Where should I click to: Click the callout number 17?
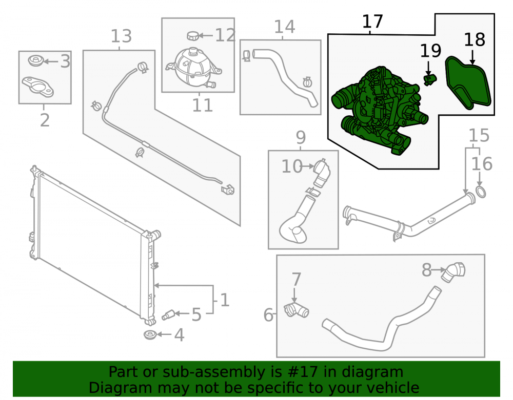[372, 22]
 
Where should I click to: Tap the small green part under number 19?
[430, 80]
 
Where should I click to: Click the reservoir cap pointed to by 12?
[193, 35]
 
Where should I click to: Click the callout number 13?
[121, 36]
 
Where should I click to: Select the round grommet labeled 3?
[36, 60]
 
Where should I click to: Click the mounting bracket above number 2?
[38, 86]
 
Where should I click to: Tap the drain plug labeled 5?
[168, 315]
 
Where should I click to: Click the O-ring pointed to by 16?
[480, 193]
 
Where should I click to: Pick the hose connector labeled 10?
[322, 173]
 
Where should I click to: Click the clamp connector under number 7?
[296, 309]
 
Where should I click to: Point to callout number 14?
[284, 27]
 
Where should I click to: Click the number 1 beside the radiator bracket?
[224, 300]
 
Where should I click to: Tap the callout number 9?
[301, 137]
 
